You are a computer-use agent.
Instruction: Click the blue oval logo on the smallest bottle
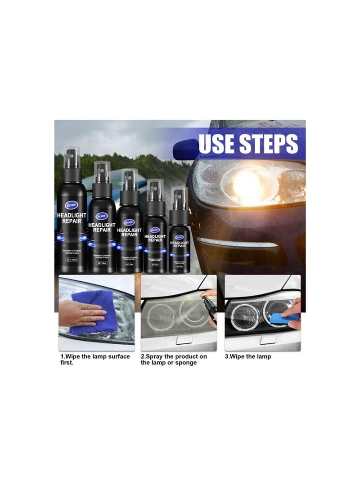[x=180, y=236]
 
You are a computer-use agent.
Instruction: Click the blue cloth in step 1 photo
[x=92, y=314]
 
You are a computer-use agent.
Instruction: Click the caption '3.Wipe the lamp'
[x=248, y=356]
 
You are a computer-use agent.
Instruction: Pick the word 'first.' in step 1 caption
[x=67, y=363]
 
